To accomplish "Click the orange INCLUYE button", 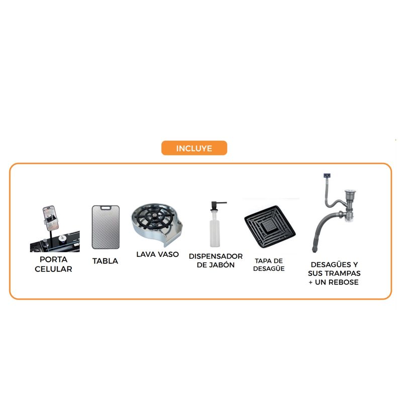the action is (x=194, y=148).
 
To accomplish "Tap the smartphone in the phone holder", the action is (x=51, y=218).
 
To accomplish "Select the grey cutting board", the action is (x=106, y=227).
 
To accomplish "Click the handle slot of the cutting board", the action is (x=106, y=208).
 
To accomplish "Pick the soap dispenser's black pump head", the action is (x=217, y=206).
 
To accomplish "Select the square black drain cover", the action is (x=270, y=227).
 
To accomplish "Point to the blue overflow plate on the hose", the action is (x=327, y=175).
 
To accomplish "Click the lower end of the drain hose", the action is (x=315, y=250).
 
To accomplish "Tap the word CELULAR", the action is (x=53, y=269).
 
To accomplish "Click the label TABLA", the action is (x=105, y=261).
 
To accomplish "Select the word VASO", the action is (x=168, y=254).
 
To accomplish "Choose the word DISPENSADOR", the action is (x=216, y=256).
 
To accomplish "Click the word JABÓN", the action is (x=222, y=265).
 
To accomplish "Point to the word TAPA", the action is (x=262, y=261).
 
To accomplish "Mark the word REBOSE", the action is (x=344, y=282).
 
